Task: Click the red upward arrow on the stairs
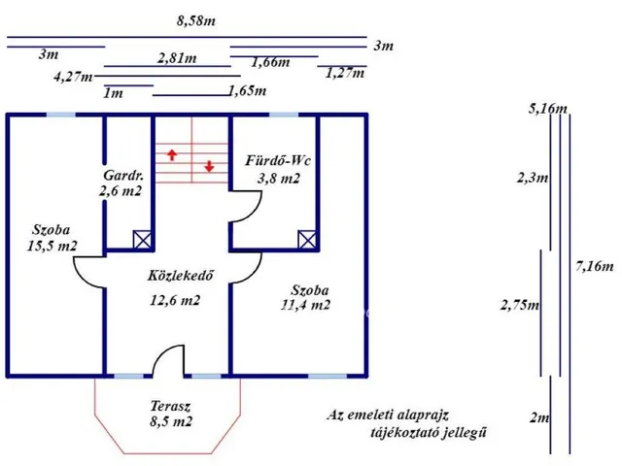click(172, 155)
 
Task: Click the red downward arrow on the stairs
click(209, 166)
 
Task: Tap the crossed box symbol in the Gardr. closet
click(142, 240)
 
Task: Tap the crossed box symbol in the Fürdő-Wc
click(307, 240)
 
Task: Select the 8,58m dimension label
click(196, 20)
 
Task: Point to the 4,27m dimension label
click(73, 77)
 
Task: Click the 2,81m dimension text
click(177, 58)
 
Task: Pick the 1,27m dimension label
click(345, 73)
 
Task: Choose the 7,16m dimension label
click(594, 266)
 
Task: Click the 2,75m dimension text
click(520, 305)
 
